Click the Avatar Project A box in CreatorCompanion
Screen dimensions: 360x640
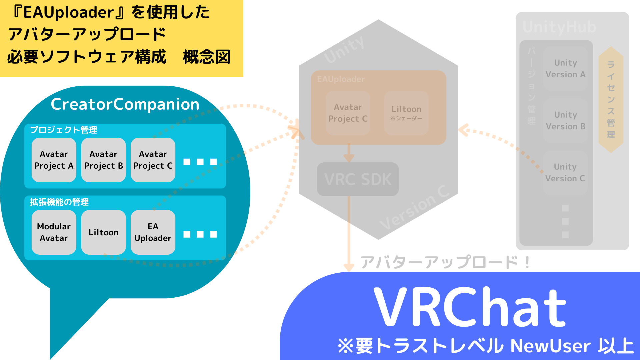click(54, 160)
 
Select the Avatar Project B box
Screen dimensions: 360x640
click(103, 160)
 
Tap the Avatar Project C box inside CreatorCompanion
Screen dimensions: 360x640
click(153, 160)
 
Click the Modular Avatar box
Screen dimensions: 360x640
click(54, 232)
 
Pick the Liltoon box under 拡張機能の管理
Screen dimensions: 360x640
click(103, 232)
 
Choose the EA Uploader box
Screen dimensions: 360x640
click(153, 232)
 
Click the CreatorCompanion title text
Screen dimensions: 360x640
click(125, 104)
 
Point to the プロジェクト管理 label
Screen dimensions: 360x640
click(64, 130)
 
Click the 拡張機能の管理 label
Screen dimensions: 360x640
click(59, 202)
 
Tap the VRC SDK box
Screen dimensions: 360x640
click(358, 179)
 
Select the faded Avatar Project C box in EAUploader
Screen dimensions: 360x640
click(348, 113)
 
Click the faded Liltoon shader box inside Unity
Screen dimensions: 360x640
click(406, 113)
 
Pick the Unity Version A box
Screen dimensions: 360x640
click(565, 69)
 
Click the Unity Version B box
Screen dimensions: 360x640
click(565, 121)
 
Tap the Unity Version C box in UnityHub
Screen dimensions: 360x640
click(565, 173)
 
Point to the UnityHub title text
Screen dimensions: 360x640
click(559, 27)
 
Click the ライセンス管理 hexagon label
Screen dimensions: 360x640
click(611, 100)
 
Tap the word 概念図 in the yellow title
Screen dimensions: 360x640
click(207, 57)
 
